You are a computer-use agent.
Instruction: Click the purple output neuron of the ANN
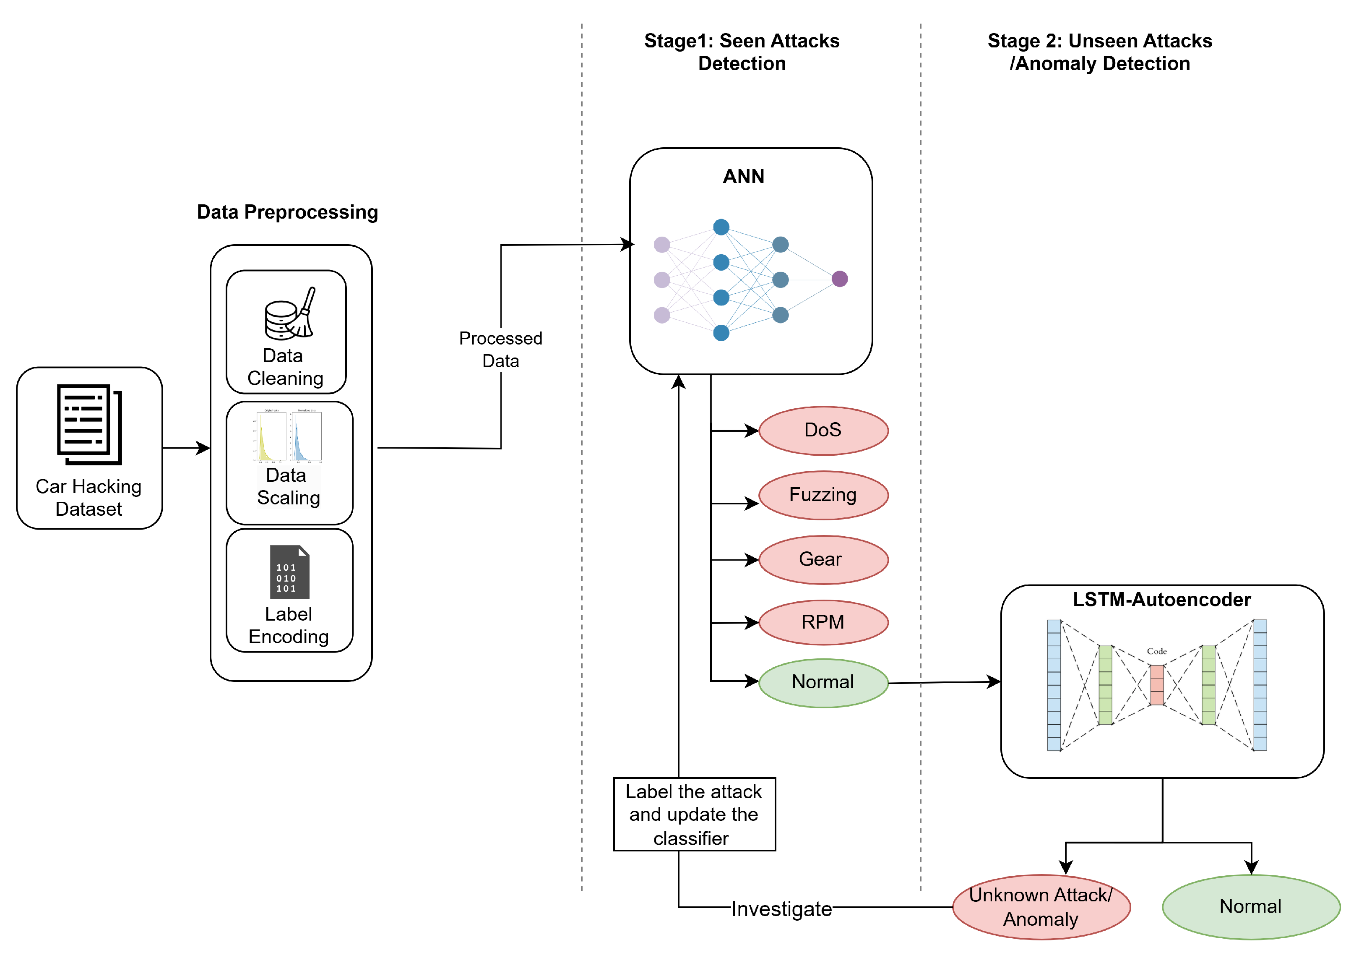click(x=839, y=279)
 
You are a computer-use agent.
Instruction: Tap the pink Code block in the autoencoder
click(x=1156, y=684)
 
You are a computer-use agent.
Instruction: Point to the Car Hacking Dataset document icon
click(x=89, y=424)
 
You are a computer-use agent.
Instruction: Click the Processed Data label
click(x=501, y=349)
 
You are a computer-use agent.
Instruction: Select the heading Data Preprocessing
click(x=287, y=212)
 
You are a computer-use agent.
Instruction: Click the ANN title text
click(x=743, y=176)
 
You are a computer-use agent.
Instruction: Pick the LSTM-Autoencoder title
click(x=1161, y=599)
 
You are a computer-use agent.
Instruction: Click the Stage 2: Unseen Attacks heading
click(x=1099, y=52)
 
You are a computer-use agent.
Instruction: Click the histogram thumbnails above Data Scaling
click(x=289, y=436)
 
